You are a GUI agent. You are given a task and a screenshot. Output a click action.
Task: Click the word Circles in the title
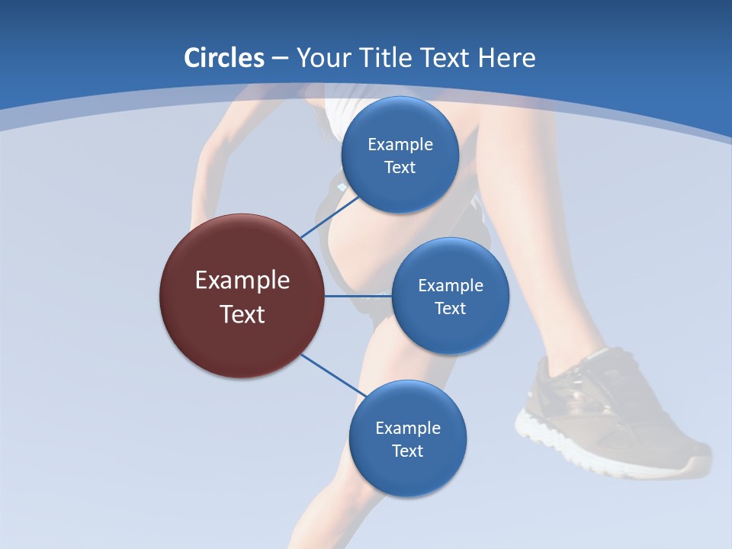[224, 58]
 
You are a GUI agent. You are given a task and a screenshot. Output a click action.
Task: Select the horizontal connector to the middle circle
[358, 296]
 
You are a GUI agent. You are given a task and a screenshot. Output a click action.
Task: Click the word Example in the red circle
[242, 281]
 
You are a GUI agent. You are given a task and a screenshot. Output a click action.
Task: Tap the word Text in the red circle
[242, 314]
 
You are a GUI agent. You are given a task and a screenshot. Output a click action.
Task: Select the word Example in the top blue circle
[400, 145]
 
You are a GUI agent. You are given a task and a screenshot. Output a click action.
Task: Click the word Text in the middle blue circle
[450, 309]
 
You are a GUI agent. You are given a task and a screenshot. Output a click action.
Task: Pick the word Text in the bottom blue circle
[407, 451]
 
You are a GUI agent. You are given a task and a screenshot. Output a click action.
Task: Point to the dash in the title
[280, 59]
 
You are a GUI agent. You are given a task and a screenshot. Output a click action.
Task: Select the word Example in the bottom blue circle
[407, 429]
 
